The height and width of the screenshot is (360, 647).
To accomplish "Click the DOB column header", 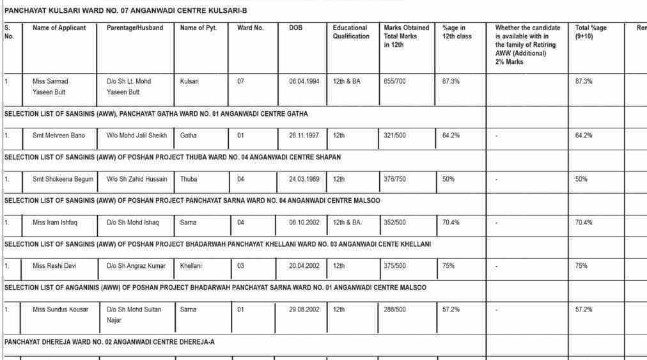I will (296, 28).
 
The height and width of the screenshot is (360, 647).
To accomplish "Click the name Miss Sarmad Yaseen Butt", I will (51, 87).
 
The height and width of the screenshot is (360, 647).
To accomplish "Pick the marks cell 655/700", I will (394, 82).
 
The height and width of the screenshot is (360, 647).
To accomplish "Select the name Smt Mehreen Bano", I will (59, 136).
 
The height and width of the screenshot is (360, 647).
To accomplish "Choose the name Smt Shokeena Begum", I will (63, 180).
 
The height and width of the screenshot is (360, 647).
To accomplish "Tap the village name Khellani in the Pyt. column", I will (191, 266).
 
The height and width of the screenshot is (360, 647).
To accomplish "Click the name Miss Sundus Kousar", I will (61, 309).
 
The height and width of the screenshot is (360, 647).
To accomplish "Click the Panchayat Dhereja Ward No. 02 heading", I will (109, 342).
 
